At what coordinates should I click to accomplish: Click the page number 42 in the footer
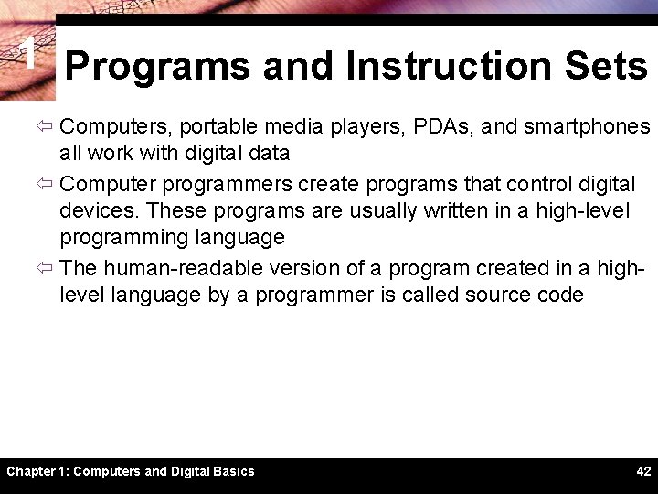coord(643,472)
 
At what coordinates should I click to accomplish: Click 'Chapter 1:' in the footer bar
coord(37,472)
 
